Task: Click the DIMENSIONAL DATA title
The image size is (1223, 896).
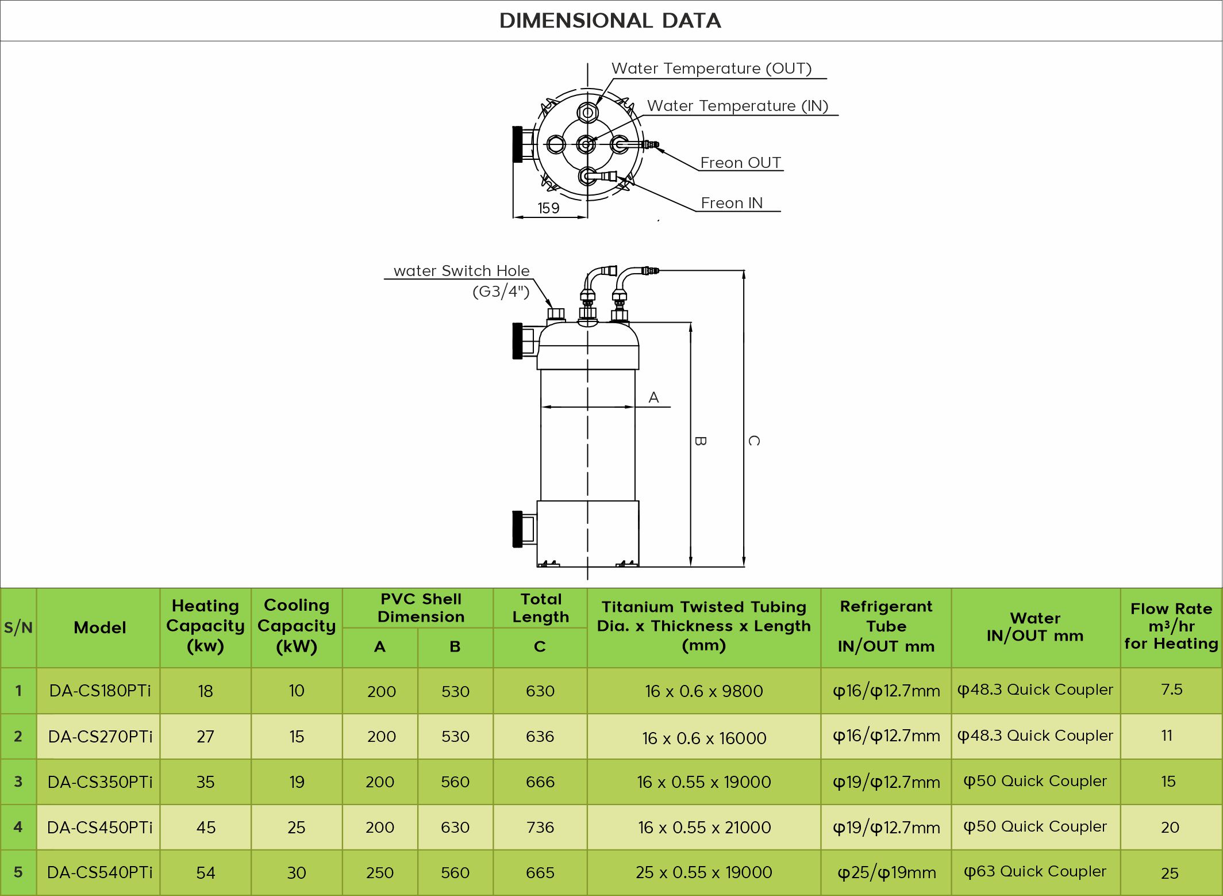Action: (x=610, y=21)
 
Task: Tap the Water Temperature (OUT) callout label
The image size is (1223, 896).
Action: (x=712, y=68)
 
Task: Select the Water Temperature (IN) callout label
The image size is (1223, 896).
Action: (x=737, y=106)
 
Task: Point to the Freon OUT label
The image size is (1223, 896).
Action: (x=740, y=163)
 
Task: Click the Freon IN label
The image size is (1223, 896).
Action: (x=732, y=203)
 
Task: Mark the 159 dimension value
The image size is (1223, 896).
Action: (x=548, y=208)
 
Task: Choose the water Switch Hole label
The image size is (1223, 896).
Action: (x=461, y=271)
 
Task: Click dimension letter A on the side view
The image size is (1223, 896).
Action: (x=653, y=397)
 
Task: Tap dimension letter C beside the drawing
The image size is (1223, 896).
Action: (x=754, y=441)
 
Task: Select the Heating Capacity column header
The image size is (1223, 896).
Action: (x=205, y=626)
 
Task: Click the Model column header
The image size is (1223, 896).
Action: (x=99, y=627)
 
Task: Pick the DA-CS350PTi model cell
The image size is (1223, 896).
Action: (x=100, y=782)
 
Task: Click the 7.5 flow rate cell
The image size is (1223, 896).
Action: (x=1171, y=690)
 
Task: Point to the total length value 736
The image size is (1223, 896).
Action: (x=540, y=828)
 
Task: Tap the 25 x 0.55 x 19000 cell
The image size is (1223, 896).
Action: (x=703, y=872)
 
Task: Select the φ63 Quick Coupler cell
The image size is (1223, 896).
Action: (x=1035, y=872)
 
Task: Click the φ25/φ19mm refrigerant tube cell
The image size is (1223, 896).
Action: (x=886, y=873)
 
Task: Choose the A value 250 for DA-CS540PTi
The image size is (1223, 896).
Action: (x=380, y=873)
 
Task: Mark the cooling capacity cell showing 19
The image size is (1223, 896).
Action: (x=297, y=782)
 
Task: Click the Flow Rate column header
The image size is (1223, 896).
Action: (x=1171, y=626)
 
